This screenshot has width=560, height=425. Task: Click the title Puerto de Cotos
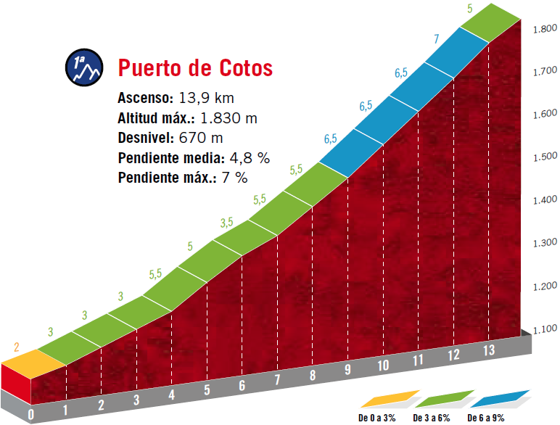coord(195,67)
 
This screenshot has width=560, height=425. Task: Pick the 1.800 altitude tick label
coord(544,28)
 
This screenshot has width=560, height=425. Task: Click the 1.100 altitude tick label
coord(544,329)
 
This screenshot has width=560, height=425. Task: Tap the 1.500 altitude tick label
coord(544,157)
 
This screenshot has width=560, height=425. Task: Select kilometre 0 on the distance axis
coord(30,414)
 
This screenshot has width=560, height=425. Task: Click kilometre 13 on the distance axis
coord(489,350)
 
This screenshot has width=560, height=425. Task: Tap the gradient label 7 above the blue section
coord(436,39)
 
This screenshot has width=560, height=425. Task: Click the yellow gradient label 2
coord(16,346)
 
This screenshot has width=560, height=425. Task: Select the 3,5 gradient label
coord(226,222)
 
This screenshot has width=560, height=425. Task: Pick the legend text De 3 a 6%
coord(431,418)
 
